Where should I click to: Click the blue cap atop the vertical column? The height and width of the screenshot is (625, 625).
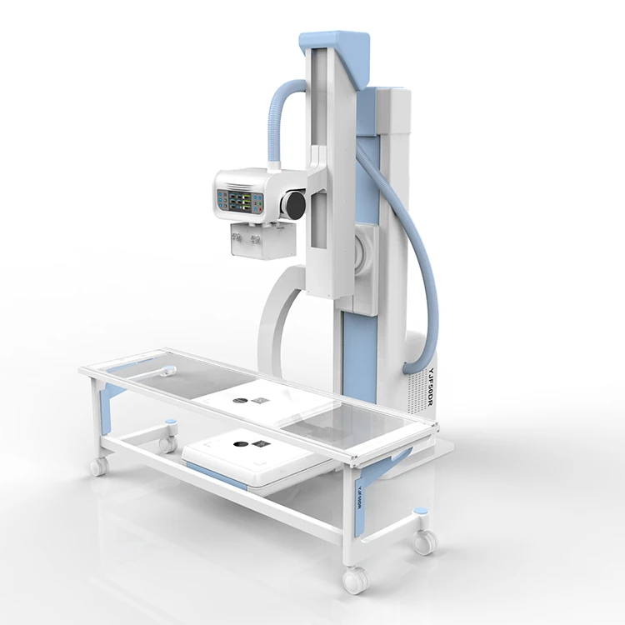[x=337, y=42]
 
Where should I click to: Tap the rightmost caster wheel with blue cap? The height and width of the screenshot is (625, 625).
[x=424, y=541]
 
